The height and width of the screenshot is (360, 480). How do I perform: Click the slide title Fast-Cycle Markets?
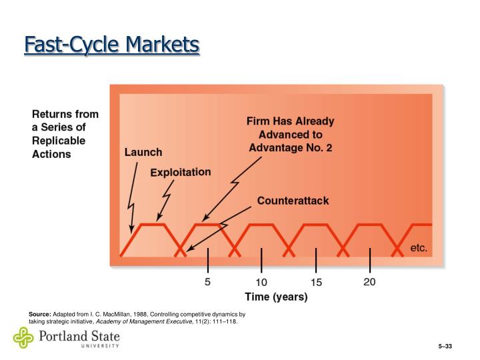(111, 45)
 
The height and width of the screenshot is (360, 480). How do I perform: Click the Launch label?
(143, 152)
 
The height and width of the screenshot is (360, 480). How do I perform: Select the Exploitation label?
(180, 172)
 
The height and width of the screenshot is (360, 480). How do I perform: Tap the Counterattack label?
(293, 201)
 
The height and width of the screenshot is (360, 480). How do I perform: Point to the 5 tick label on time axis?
(207, 282)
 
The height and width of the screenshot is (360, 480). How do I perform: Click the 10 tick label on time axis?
(261, 283)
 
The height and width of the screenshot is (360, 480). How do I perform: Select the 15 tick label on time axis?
(316, 283)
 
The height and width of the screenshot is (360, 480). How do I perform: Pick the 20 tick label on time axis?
(369, 282)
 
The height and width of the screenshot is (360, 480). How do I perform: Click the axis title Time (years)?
(276, 297)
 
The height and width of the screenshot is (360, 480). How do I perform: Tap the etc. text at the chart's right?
(418, 248)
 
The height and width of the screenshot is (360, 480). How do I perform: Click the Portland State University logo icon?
(23, 338)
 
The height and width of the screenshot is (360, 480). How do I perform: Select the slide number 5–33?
(445, 347)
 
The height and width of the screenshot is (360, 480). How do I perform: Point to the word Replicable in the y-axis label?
(59, 141)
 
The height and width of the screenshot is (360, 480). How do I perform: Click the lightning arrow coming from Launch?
(133, 193)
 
